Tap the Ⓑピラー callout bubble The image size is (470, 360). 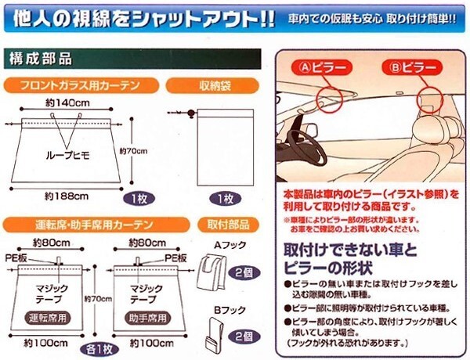pos(411,68)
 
